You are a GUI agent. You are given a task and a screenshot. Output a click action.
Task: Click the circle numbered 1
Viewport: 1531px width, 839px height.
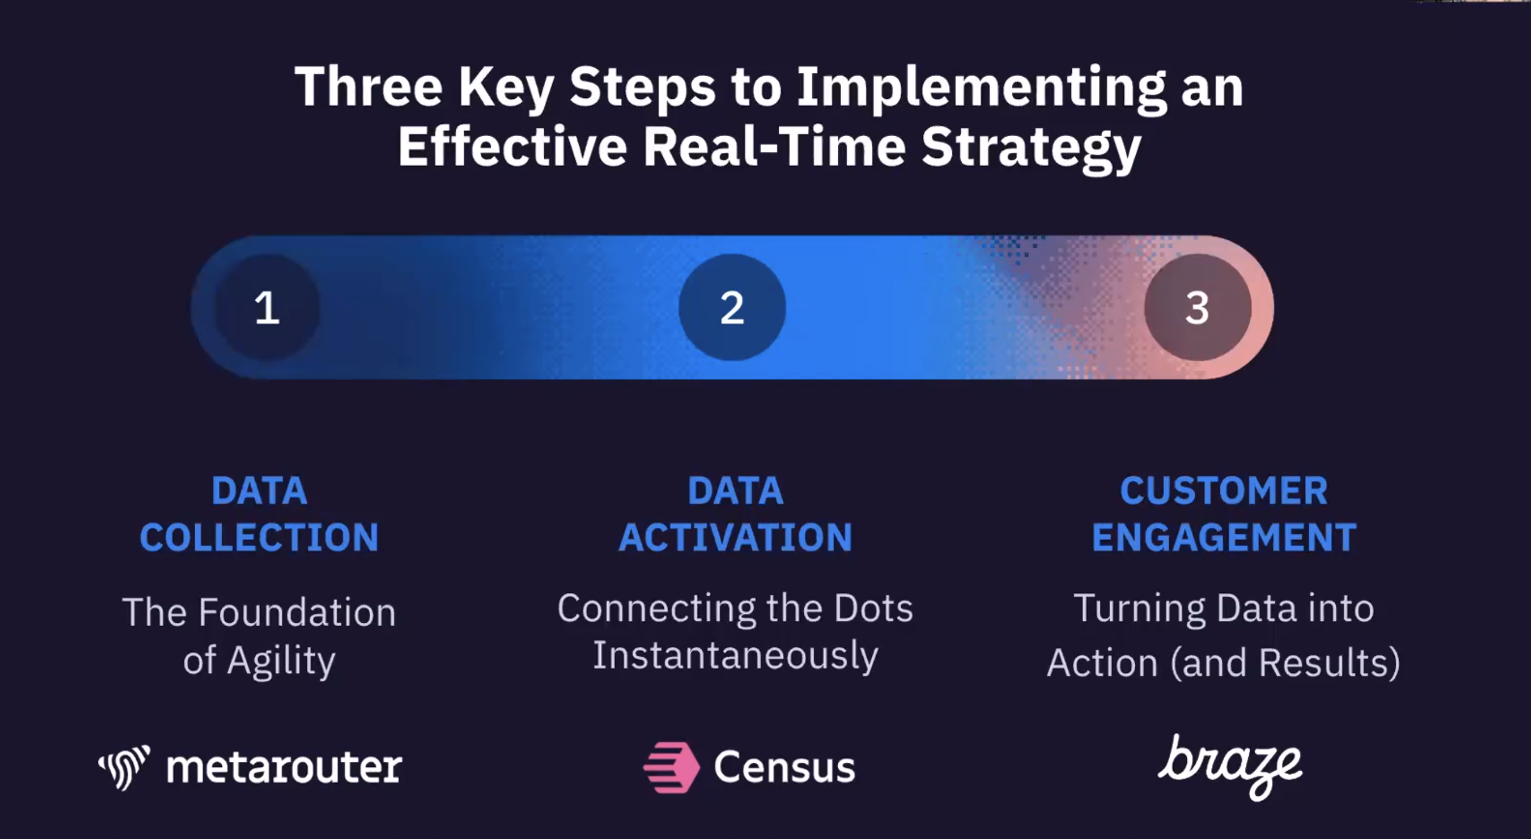tap(267, 307)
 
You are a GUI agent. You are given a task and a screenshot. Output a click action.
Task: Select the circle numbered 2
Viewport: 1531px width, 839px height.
tap(732, 307)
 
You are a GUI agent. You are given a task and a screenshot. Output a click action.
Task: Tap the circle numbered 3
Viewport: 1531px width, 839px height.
tap(1197, 307)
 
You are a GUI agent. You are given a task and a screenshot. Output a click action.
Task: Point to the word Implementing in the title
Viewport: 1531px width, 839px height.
tap(981, 89)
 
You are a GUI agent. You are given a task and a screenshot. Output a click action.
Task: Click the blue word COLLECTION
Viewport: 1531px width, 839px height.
tap(259, 537)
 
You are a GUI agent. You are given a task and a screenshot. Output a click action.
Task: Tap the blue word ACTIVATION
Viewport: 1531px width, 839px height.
tap(736, 537)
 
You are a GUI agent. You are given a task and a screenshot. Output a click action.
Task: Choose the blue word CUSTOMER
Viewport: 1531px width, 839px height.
tap(1224, 491)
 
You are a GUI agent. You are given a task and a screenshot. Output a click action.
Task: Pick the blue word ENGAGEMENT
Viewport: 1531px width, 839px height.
tap(1224, 537)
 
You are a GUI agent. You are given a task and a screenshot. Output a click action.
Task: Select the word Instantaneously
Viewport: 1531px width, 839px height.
tap(736, 657)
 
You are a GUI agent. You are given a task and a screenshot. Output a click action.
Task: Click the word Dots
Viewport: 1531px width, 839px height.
tap(873, 608)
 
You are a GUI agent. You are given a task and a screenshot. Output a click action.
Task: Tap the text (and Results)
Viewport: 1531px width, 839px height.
tap(1285, 663)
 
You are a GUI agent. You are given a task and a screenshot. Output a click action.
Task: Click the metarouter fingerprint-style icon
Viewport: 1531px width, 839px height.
tap(124, 767)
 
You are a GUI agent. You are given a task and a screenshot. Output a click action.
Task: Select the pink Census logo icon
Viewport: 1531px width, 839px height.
tap(672, 767)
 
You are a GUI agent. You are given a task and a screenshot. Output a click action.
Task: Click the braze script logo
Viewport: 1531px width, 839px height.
tap(1230, 767)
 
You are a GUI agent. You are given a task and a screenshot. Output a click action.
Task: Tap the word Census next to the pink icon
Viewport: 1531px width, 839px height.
tap(784, 767)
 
